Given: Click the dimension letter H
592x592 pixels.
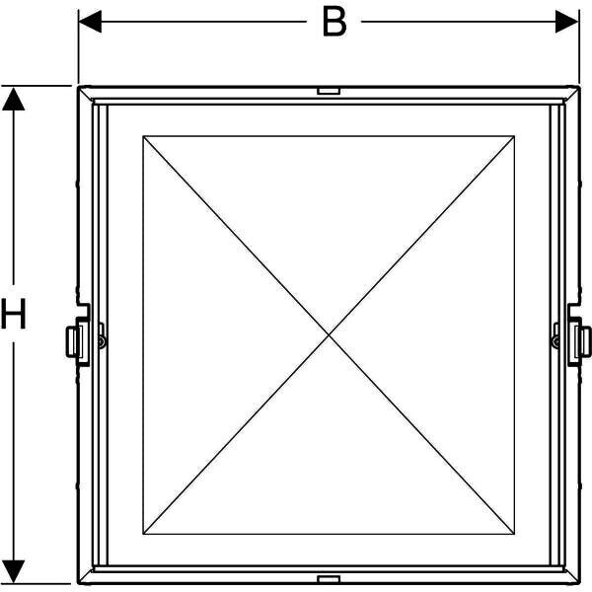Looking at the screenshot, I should click(x=14, y=316).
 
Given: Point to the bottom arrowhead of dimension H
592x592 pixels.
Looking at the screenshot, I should click(x=14, y=570).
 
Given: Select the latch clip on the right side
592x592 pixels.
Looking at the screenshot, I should click(x=584, y=340).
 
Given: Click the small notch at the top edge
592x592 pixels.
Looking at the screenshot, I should click(x=329, y=91).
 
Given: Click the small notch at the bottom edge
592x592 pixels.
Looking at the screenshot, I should click(x=329, y=577).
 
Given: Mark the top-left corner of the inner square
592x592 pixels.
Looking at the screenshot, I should click(x=143, y=136).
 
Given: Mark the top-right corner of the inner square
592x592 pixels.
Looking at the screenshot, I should click(x=514, y=136).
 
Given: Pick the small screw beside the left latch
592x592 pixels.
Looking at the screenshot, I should click(x=101, y=341).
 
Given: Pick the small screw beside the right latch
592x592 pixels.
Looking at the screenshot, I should click(x=556, y=341).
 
